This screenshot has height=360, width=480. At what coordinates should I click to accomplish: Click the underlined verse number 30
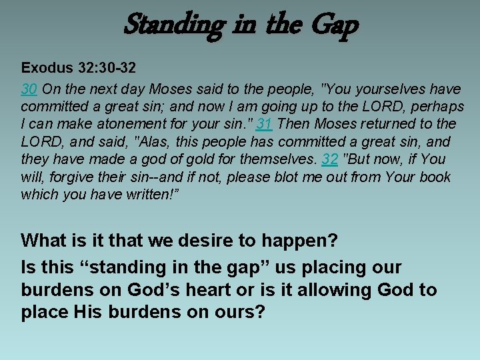29,89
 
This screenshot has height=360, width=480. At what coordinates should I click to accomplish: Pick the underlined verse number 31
265,124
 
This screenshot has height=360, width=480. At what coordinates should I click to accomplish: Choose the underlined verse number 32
330,159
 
